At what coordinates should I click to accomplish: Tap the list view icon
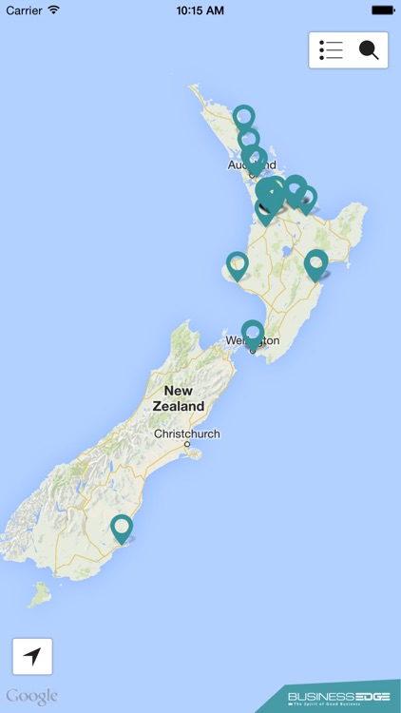(x=331, y=50)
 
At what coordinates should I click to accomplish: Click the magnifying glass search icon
(x=369, y=50)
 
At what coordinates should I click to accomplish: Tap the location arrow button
(x=32, y=656)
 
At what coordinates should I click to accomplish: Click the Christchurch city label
(x=187, y=434)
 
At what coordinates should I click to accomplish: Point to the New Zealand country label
(x=178, y=398)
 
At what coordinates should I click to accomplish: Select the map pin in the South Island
(x=122, y=527)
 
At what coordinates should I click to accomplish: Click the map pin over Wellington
(x=252, y=332)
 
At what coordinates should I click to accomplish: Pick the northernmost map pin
(x=244, y=116)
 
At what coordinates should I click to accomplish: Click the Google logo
(x=32, y=696)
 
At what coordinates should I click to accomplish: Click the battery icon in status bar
(x=383, y=10)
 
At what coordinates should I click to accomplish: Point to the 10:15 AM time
(x=200, y=10)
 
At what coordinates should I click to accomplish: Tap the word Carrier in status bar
(x=25, y=10)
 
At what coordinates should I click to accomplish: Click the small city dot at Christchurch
(x=187, y=444)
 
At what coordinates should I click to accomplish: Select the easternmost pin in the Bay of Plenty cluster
(x=306, y=198)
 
